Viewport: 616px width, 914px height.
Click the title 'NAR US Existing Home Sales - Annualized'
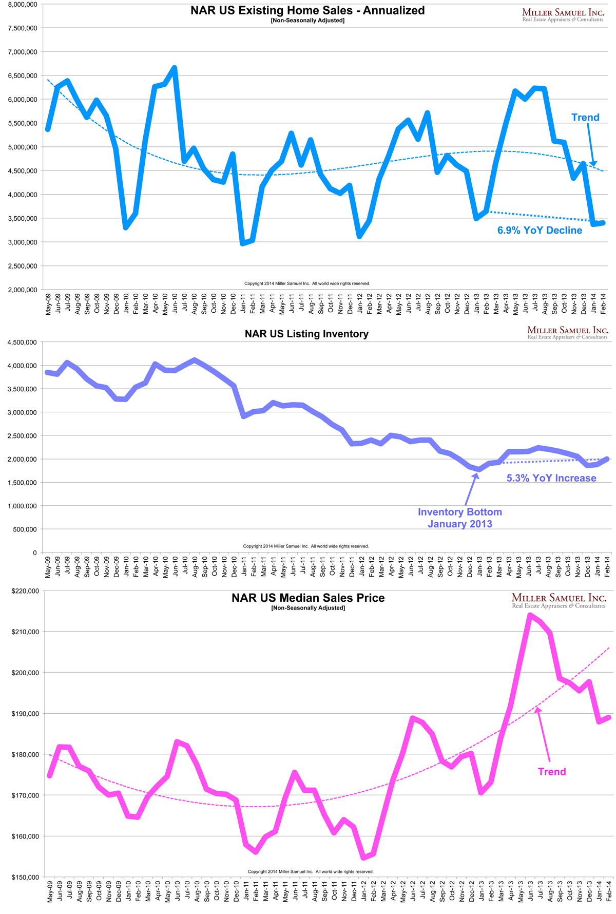coord(307,10)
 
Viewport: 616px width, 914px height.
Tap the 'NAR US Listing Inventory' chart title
coord(306,334)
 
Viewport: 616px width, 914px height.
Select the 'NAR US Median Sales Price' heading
coord(308,598)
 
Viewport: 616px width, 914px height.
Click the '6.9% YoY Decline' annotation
coord(540,231)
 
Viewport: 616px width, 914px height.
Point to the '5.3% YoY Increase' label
coord(551,478)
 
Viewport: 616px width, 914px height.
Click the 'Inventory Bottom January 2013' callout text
coord(460,518)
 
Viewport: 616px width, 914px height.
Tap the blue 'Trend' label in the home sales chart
coord(585,118)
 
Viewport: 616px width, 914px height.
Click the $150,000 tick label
coord(24,878)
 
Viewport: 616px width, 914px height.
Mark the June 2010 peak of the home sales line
coord(175,68)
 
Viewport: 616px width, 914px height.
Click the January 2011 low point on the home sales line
coord(243,243)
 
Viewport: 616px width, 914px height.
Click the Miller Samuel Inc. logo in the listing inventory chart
coord(567,332)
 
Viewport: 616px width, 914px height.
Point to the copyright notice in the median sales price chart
coord(311,871)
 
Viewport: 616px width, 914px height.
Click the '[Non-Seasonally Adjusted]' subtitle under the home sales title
coord(307,21)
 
